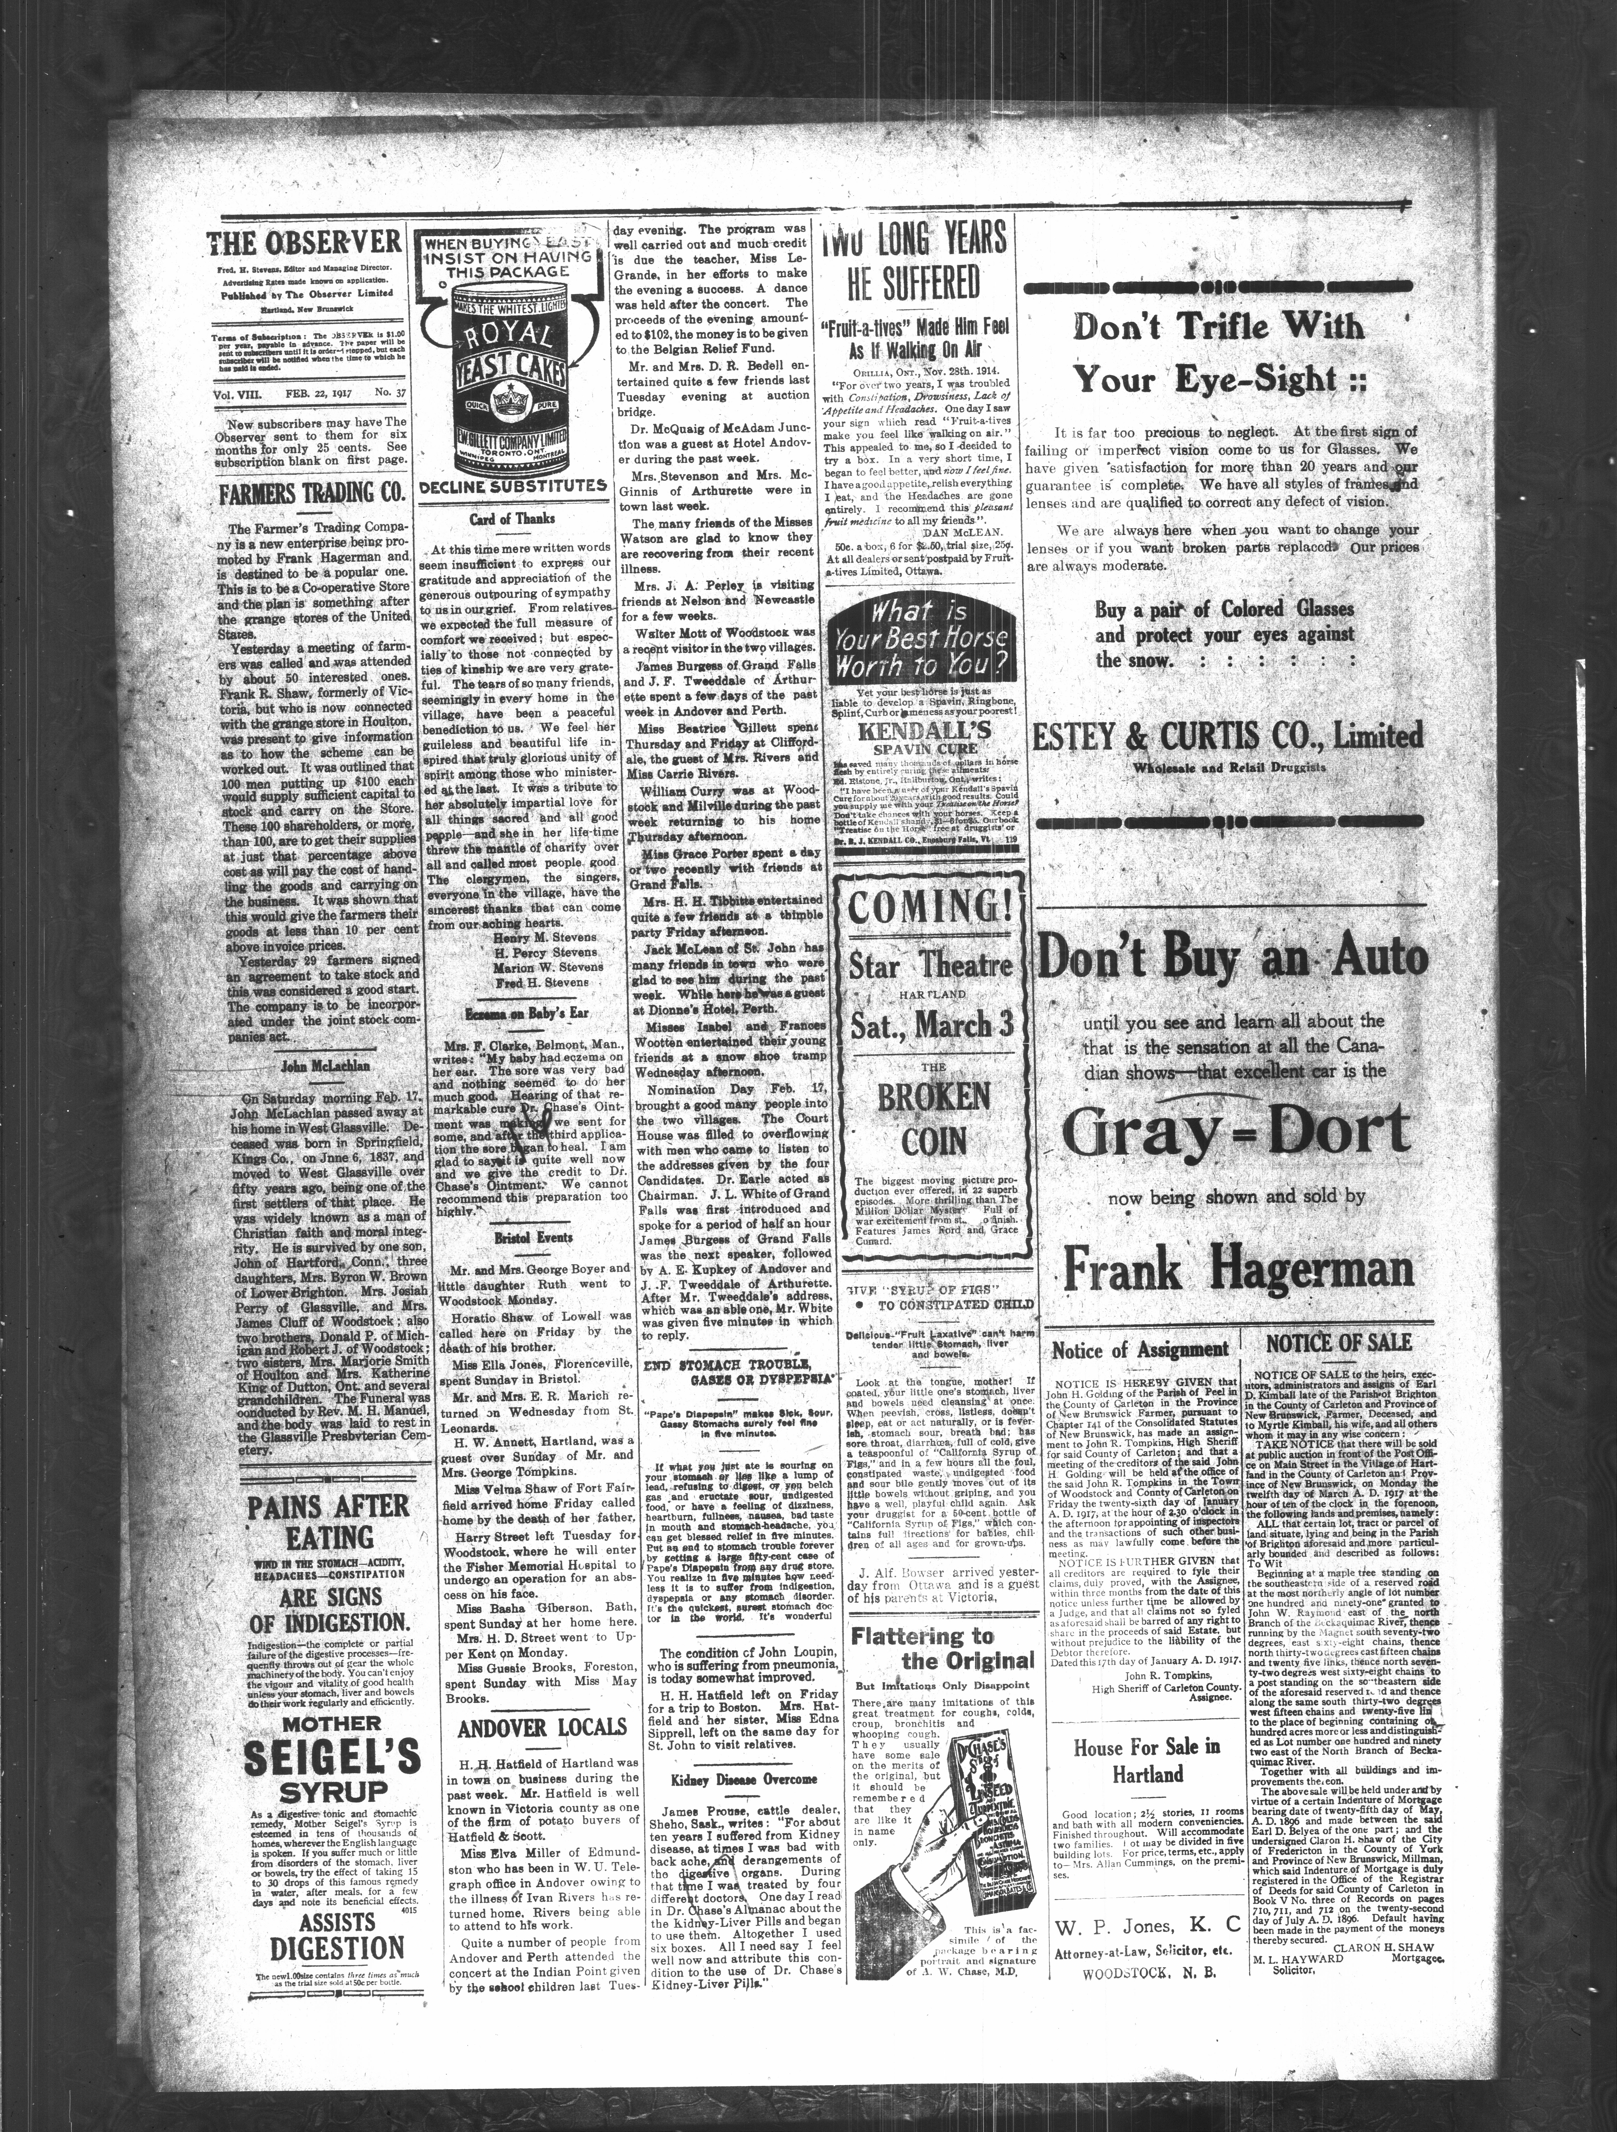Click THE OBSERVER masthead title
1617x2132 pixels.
[x=304, y=242]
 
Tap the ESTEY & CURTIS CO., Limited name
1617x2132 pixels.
[x=1227, y=736]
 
